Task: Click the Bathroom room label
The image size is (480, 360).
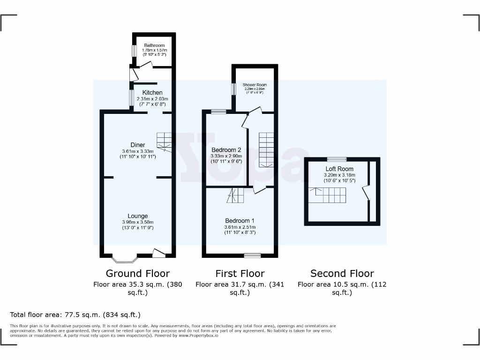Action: coord(154,45)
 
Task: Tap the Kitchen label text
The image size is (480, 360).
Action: coord(152,93)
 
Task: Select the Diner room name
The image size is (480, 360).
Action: coord(138,145)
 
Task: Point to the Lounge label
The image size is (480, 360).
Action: coord(138,216)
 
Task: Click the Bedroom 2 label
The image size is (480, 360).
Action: coord(226,150)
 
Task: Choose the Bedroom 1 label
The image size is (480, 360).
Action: coord(240,221)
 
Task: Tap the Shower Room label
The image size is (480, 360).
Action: coord(255,85)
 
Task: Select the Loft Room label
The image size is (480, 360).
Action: coord(339,169)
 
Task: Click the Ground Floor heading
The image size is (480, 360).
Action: coord(137,273)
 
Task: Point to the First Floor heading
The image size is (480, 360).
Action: coord(240,273)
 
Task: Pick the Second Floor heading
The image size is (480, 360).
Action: coord(342,273)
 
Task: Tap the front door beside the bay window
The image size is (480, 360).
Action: coord(159,254)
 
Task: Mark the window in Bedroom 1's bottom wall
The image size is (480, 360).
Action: coord(252,255)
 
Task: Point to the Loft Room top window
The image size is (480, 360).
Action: coord(334,159)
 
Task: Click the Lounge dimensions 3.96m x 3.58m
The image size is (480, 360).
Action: coord(138,222)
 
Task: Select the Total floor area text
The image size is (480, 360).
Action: coord(75,315)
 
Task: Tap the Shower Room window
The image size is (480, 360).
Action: coord(233,89)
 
